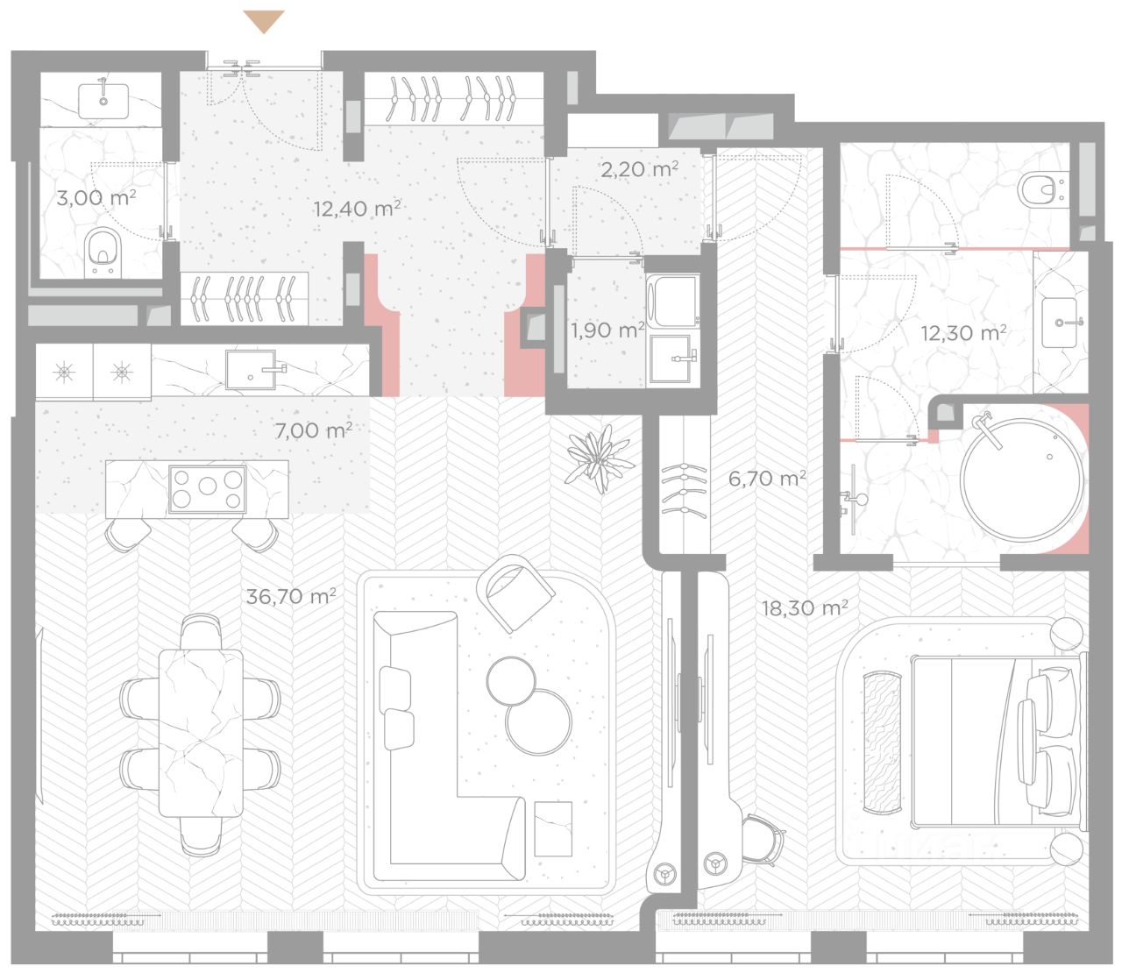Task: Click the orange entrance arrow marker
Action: click(264, 22)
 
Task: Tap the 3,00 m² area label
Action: click(96, 197)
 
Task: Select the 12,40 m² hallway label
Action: click(357, 208)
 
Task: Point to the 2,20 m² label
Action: click(639, 169)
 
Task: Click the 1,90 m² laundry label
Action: click(607, 330)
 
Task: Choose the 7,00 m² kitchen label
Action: click(314, 430)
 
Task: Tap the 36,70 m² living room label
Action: click(291, 596)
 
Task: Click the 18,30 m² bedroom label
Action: click(805, 607)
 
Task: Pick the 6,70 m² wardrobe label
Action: click(766, 479)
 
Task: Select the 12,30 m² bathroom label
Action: click(963, 332)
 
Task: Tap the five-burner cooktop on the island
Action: click(208, 488)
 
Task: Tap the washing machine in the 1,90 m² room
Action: click(673, 302)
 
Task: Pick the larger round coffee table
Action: click(538, 721)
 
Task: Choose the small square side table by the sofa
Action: click(553, 828)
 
